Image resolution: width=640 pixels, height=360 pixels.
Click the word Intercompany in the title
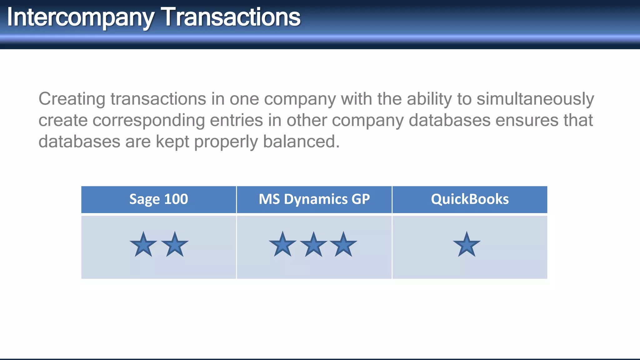(x=80, y=17)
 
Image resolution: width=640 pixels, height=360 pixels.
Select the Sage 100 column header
(x=158, y=199)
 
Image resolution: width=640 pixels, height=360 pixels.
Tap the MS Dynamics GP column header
(x=314, y=199)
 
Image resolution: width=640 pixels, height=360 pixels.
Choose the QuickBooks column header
(x=470, y=199)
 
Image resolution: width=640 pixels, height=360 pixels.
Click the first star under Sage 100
(x=143, y=245)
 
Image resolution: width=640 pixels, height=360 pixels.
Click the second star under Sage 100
(x=175, y=245)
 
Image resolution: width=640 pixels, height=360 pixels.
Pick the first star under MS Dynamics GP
(x=282, y=245)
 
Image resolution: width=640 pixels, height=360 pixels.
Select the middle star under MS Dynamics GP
(x=313, y=245)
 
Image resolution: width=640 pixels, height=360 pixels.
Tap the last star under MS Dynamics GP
(x=343, y=245)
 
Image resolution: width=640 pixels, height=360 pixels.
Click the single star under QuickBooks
(x=467, y=245)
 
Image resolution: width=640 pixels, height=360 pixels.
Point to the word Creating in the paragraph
(x=72, y=99)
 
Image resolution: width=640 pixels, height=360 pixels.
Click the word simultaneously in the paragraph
(x=535, y=99)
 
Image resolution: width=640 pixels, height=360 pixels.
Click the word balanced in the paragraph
(x=301, y=142)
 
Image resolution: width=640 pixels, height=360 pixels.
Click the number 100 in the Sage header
(x=176, y=199)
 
